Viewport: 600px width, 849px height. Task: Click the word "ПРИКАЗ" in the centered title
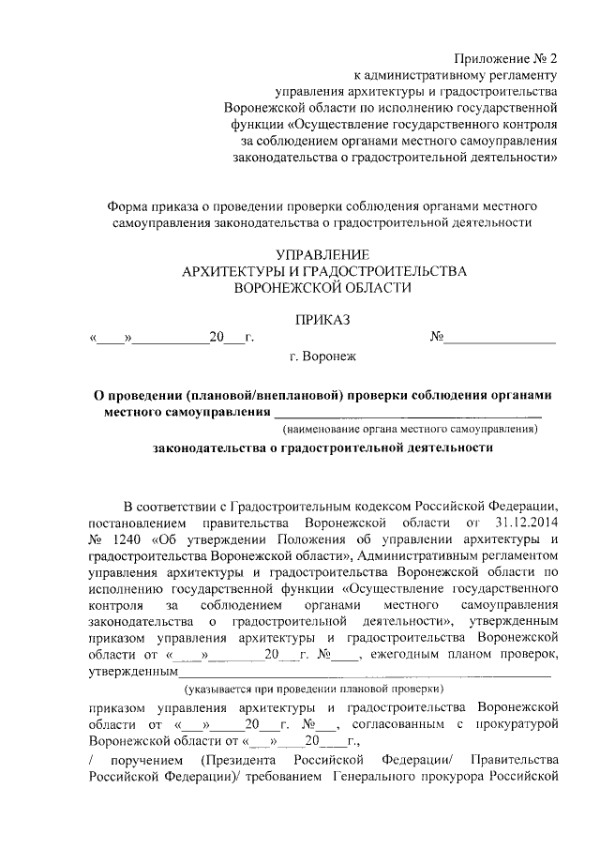pos(322,320)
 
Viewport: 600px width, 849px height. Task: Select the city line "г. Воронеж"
pos(322,356)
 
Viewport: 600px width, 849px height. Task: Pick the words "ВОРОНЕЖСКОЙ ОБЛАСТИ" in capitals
pos(323,288)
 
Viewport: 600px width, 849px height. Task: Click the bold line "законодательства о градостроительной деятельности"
pos(323,449)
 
